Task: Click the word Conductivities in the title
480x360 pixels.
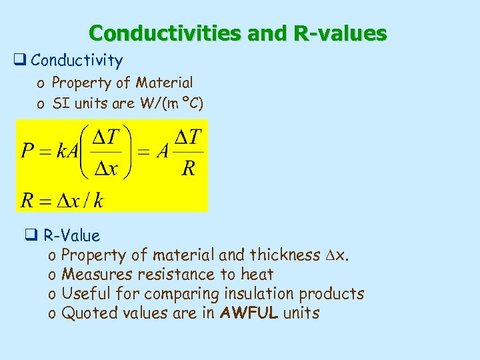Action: click(167, 33)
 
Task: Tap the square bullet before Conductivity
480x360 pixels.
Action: click(19, 61)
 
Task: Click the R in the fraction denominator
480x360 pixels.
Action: click(189, 168)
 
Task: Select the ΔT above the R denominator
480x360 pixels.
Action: click(189, 137)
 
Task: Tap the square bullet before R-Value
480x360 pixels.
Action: click(30, 235)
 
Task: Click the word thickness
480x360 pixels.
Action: click(285, 255)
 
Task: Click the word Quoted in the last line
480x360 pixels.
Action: click(87, 313)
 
